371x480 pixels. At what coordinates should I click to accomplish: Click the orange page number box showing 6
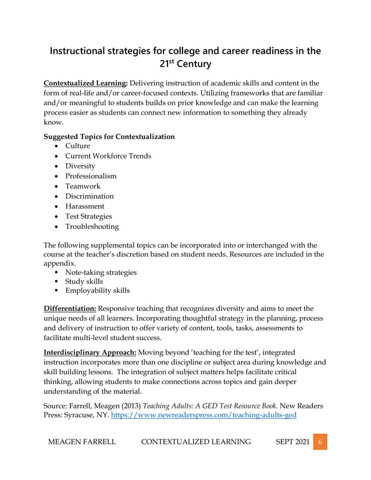[x=319, y=442]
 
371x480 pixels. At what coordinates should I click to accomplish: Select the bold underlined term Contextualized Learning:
[x=85, y=83]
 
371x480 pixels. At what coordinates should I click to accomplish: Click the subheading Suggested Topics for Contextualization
[x=109, y=137]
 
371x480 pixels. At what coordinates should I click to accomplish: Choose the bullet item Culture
[x=77, y=146]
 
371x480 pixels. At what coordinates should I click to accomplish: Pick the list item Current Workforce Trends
[x=108, y=156]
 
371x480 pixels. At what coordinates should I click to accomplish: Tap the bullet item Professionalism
[x=90, y=176]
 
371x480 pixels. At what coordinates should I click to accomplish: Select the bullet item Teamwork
[x=83, y=186]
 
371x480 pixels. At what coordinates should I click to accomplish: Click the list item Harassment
[x=84, y=206]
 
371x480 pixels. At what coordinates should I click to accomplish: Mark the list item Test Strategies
[x=88, y=216]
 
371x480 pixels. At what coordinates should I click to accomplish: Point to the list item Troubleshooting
[x=91, y=226]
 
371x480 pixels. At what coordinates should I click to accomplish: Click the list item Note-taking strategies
[x=101, y=272]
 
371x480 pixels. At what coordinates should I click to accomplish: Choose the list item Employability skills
[x=97, y=290]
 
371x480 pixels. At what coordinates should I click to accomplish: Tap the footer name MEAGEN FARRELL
[x=81, y=442]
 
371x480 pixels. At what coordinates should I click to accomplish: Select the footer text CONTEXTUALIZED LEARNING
[x=196, y=442]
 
